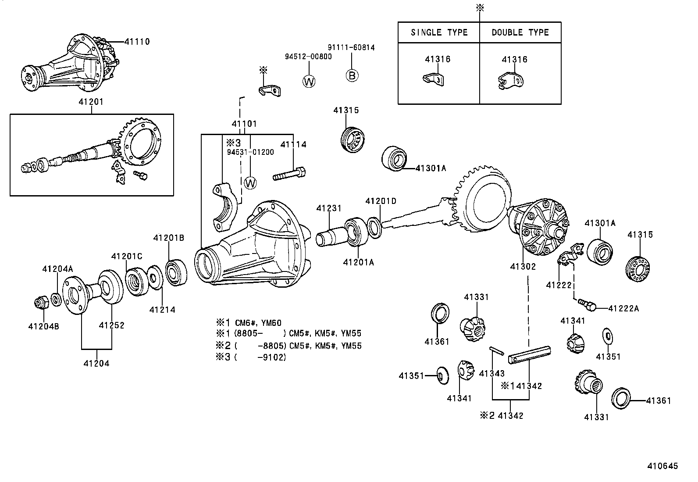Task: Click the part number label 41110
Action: click(x=137, y=42)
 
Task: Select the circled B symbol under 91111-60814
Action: click(x=352, y=75)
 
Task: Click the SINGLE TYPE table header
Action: click(x=439, y=32)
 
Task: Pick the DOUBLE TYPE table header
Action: click(x=520, y=32)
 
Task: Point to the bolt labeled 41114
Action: click(x=289, y=174)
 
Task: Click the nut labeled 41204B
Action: click(x=41, y=303)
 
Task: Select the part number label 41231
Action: click(x=329, y=209)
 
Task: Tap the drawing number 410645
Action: click(x=662, y=466)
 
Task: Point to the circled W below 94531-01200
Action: click(x=250, y=183)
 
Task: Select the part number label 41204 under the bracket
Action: click(x=96, y=363)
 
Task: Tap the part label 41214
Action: click(x=162, y=310)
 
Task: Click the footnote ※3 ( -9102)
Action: click(x=251, y=357)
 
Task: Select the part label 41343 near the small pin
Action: click(x=492, y=374)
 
